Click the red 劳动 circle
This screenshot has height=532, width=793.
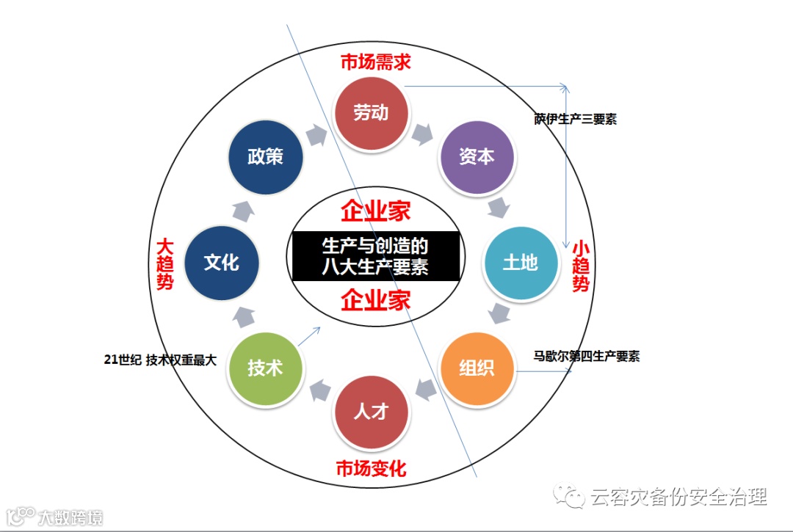[371, 113]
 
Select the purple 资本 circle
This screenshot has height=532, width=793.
[477, 156]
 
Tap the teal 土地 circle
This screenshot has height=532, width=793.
[520, 262]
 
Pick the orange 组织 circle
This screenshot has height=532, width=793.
[477, 368]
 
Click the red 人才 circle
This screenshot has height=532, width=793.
[371, 411]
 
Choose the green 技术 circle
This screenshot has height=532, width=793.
[265, 368]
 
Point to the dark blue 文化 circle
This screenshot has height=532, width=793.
[222, 262]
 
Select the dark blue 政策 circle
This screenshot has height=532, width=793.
[265, 156]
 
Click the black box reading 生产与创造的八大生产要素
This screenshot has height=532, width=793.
[375, 255]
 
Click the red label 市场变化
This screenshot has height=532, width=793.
[371, 468]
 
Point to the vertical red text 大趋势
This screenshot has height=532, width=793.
[165, 263]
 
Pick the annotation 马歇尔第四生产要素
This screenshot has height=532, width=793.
[587, 357]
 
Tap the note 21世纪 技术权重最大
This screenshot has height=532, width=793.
[160, 360]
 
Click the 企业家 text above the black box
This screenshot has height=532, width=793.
[375, 211]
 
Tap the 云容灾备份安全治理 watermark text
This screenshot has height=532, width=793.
[678, 497]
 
